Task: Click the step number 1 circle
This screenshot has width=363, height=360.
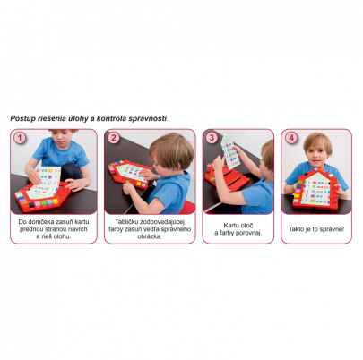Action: (20, 138)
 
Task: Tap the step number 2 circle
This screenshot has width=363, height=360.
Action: (114, 138)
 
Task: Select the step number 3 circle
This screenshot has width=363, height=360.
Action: (212, 138)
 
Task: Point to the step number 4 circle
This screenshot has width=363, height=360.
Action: (290, 138)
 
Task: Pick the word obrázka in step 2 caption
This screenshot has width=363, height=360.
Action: (150, 236)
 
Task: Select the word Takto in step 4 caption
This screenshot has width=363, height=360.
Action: (296, 229)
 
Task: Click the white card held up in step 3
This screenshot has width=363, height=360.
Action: (229, 151)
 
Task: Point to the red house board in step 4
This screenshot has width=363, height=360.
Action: (315, 189)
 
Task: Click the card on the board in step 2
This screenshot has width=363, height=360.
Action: (133, 172)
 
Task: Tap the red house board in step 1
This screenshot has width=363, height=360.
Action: (42, 196)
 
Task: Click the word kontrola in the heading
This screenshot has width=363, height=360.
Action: (111, 118)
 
